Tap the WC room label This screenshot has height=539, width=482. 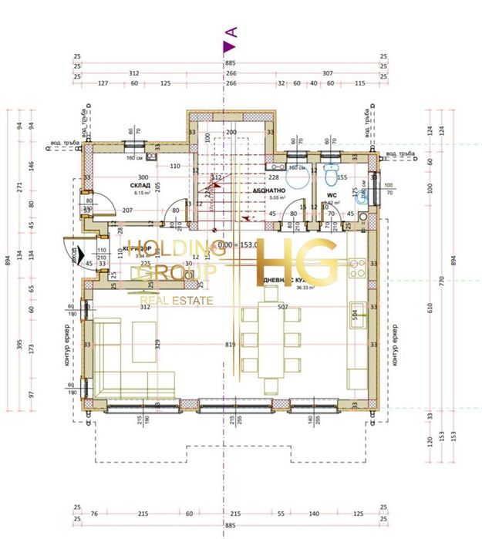point(331,196)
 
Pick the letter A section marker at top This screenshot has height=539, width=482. point(230,32)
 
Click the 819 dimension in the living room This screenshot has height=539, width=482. point(230,344)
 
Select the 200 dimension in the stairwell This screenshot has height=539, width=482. point(230,133)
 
